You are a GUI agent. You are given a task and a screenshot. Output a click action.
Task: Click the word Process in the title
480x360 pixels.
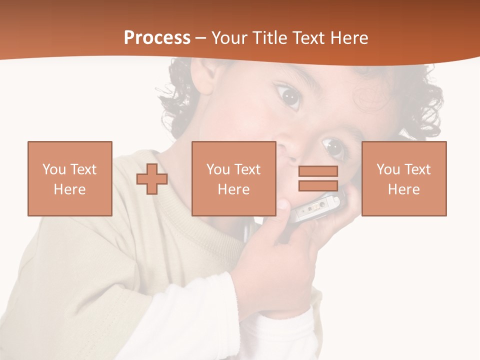click(x=157, y=38)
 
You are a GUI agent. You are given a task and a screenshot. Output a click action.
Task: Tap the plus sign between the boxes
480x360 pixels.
click(x=152, y=179)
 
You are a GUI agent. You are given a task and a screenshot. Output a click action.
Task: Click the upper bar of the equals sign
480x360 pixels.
click(x=318, y=171)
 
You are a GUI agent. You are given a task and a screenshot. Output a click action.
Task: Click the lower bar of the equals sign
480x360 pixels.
click(x=318, y=185)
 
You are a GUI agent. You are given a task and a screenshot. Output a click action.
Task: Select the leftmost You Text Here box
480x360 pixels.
click(x=69, y=178)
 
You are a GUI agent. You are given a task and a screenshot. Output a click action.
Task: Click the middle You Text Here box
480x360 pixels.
click(x=233, y=178)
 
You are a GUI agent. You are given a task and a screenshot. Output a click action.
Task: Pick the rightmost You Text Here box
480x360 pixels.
click(x=403, y=178)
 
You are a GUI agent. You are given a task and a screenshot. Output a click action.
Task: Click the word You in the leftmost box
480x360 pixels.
click(x=53, y=169)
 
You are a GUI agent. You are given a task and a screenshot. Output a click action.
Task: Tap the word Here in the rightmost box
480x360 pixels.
click(x=403, y=189)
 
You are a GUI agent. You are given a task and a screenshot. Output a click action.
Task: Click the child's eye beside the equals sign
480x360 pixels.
click(x=333, y=147)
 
